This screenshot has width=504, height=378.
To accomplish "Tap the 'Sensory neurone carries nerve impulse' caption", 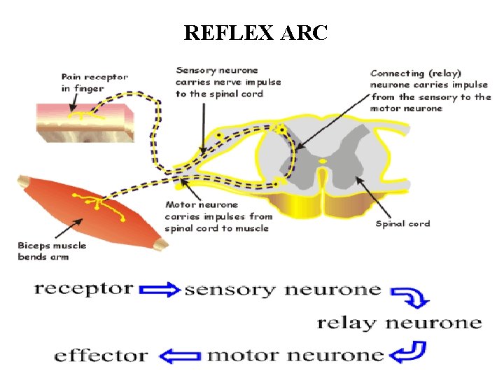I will (227, 82).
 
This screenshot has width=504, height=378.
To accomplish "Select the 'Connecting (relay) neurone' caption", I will (430, 90).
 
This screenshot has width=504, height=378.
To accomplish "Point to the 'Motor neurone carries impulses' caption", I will (218, 216).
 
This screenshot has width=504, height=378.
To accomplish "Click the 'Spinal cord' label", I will (402, 224).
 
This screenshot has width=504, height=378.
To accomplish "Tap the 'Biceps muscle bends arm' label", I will (52, 251).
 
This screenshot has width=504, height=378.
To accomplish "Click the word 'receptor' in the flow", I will (83, 288).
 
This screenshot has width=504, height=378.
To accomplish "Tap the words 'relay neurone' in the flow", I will (399, 323).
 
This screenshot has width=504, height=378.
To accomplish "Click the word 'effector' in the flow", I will (101, 355).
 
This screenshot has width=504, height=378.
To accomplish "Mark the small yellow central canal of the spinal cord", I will (323, 162).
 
